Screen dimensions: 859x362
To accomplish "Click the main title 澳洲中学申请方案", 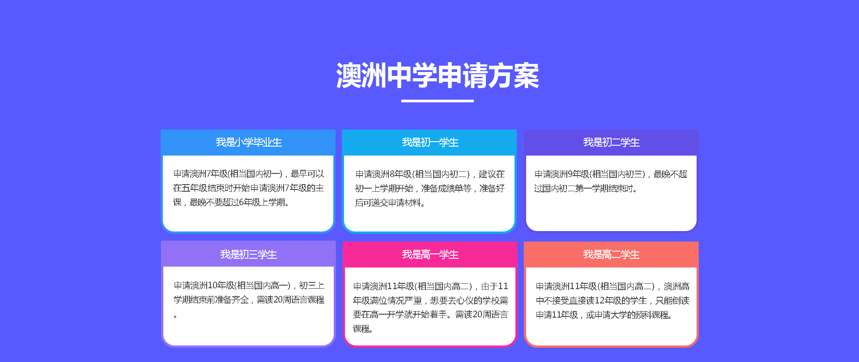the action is (x=438, y=76).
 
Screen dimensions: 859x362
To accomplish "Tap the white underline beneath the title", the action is (x=438, y=101).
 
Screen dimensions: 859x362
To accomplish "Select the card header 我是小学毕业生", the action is (x=249, y=143).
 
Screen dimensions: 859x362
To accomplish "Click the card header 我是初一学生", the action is (x=430, y=143).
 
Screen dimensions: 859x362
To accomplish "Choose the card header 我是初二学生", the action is (x=611, y=143).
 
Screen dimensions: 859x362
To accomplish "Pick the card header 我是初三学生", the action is (x=249, y=254).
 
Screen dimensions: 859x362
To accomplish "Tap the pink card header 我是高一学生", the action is (x=430, y=254).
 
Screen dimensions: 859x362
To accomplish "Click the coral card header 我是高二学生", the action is (x=611, y=254).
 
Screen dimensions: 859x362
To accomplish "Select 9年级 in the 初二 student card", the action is (x=578, y=174).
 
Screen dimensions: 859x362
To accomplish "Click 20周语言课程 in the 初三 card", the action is (x=299, y=300).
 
